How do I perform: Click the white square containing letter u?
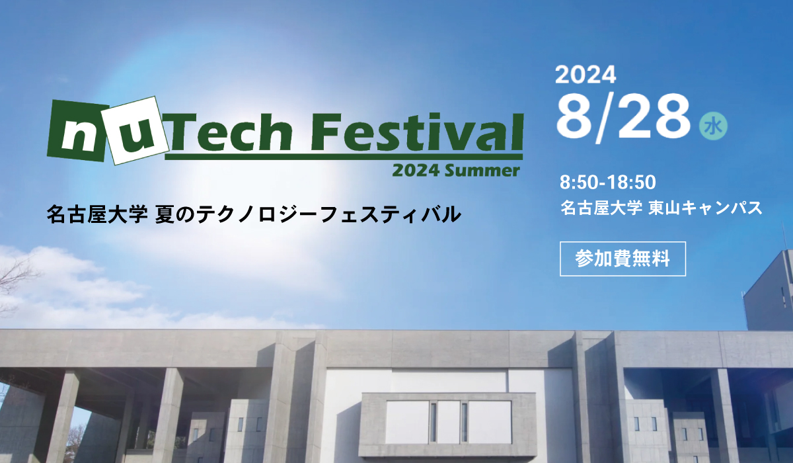134,130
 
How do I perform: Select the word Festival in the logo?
417,132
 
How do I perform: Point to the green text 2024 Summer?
456,171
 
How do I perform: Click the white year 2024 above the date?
585,75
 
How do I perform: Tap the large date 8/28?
623,118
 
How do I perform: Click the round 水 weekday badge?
713,126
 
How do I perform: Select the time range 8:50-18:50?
608,183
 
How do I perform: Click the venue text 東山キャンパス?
705,208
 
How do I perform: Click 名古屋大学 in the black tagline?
97,214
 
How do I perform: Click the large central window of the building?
449,422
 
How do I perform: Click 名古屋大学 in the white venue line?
601,208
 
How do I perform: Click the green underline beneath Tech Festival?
344,157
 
